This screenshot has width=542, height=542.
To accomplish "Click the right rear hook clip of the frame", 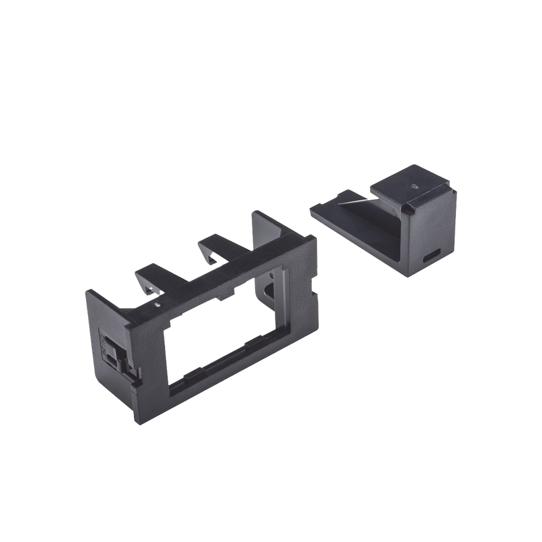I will coord(214,249).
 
